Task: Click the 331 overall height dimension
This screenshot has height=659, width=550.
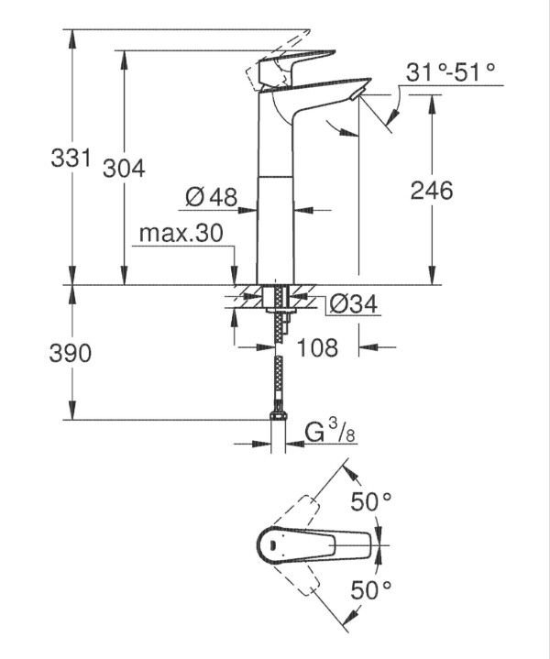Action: (x=71, y=158)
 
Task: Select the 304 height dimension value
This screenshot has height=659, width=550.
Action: (x=124, y=169)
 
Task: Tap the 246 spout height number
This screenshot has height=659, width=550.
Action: (x=432, y=190)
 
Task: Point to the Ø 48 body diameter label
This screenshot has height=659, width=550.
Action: (x=211, y=196)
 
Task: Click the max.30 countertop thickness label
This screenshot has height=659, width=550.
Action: (x=181, y=233)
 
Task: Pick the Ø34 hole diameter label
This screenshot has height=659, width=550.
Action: (x=353, y=303)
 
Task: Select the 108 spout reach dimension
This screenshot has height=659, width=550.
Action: (x=317, y=347)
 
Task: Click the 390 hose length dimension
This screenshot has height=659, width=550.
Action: (x=71, y=353)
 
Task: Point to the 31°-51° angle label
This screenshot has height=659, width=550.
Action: (x=450, y=71)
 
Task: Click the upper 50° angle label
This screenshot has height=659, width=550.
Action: (x=371, y=501)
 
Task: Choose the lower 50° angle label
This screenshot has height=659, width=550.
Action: (x=371, y=589)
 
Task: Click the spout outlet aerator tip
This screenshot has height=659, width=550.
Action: (x=357, y=93)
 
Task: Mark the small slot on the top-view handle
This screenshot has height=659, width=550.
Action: (x=271, y=545)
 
